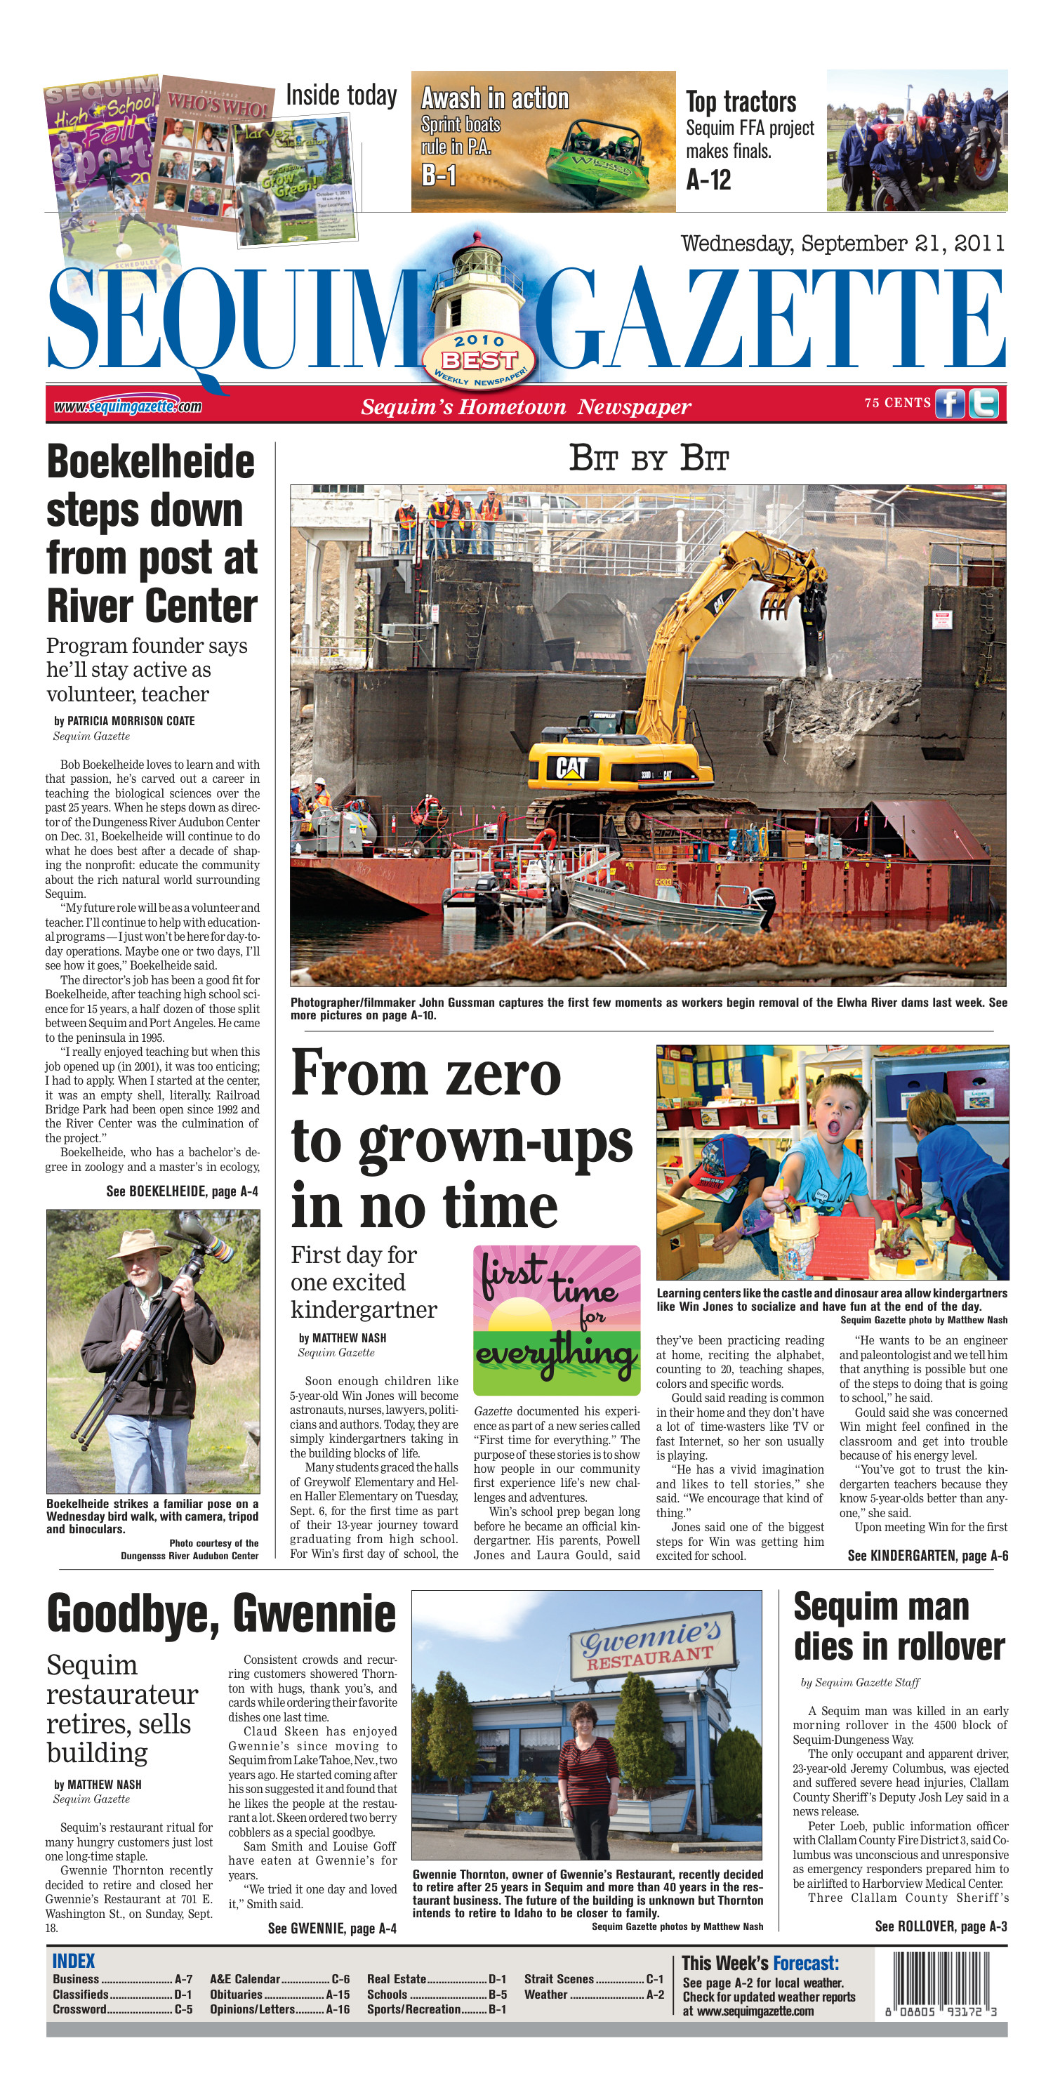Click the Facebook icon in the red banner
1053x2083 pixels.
(950, 403)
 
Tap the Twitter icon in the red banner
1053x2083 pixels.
(984, 403)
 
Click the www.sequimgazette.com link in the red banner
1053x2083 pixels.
(128, 406)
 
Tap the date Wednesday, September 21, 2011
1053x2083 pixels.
(842, 244)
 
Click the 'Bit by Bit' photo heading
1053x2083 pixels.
(649, 458)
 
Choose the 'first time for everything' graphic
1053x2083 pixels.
(557, 1320)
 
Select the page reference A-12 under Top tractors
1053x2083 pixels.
(708, 180)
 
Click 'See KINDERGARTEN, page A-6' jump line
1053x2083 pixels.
(927, 1556)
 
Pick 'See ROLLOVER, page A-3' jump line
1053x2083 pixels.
(941, 1927)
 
